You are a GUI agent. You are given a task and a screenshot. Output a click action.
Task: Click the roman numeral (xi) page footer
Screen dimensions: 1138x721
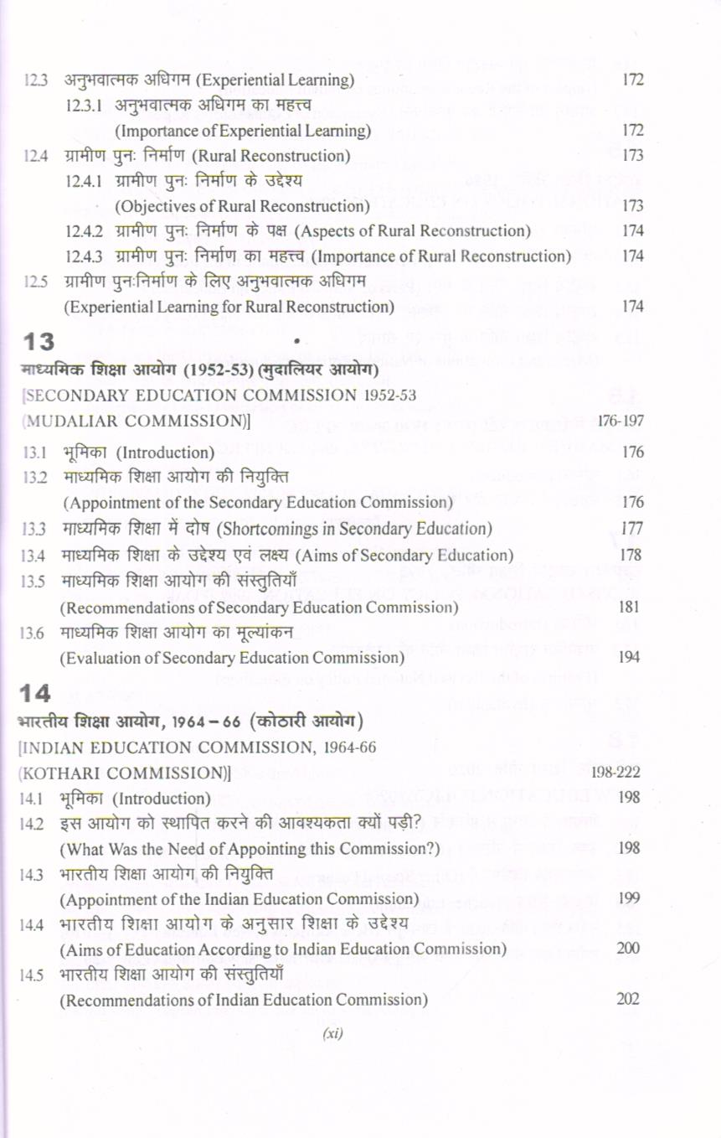[x=333, y=1033]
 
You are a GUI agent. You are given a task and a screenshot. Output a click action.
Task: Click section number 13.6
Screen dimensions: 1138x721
[x=36, y=634]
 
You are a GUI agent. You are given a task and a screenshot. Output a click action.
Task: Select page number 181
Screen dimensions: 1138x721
[x=629, y=605]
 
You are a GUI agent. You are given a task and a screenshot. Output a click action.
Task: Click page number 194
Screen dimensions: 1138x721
[x=629, y=658]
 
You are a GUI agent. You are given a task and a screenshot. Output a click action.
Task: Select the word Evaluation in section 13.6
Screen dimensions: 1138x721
[x=100, y=658]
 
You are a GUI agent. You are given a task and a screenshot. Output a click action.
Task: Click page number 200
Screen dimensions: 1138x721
[x=629, y=948]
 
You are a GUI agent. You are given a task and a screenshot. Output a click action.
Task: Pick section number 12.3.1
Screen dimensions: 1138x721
[x=85, y=106]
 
